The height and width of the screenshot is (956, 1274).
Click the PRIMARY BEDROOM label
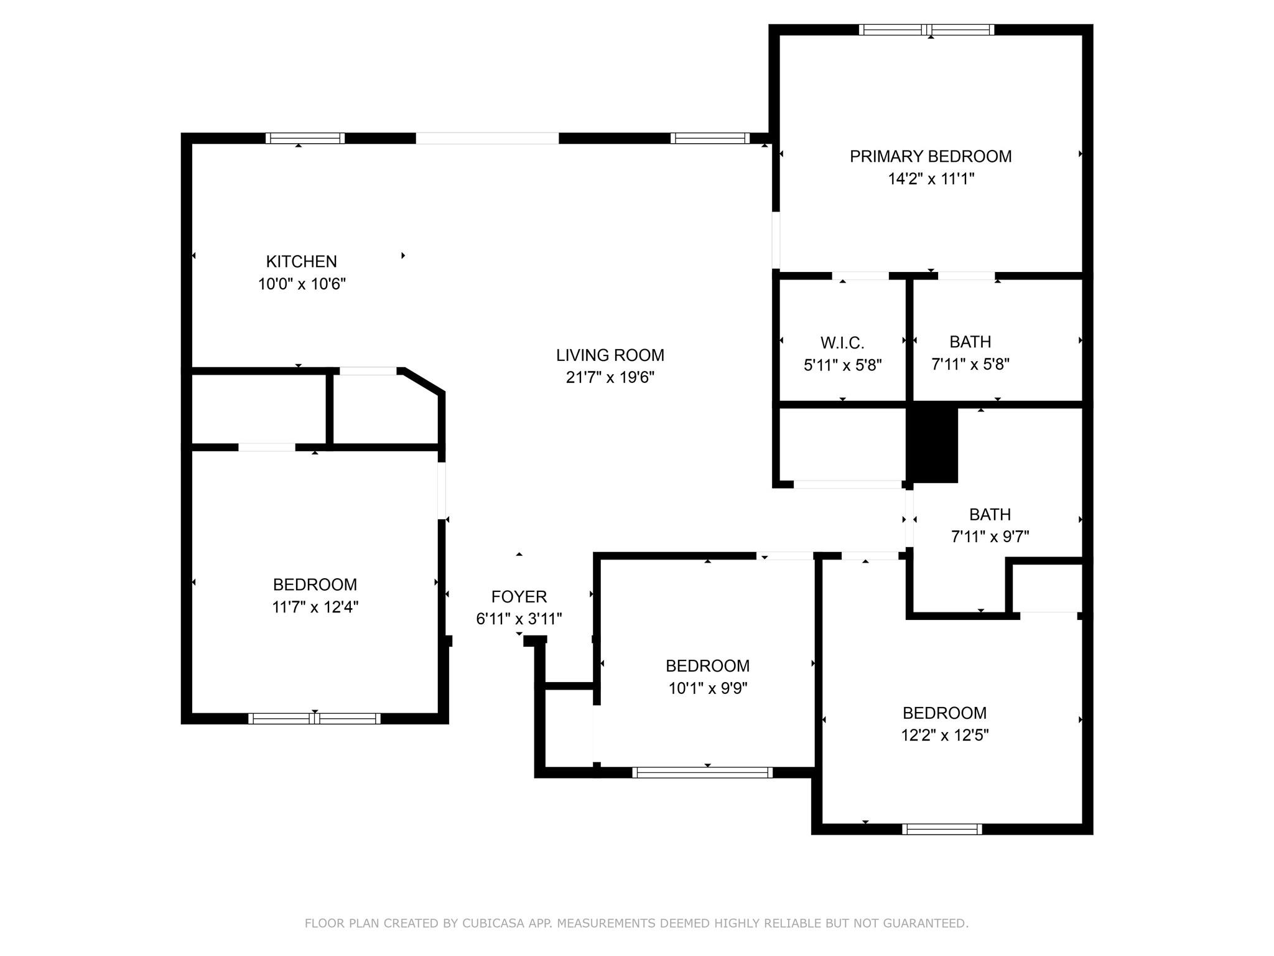tap(931, 156)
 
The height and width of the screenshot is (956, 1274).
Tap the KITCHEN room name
tap(302, 261)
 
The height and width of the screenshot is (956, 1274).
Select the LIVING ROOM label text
tap(610, 355)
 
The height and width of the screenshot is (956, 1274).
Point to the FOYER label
tap(519, 597)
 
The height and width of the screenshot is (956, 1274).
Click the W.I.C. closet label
tap(842, 343)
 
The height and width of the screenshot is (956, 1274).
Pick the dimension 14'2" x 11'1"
tap(931, 179)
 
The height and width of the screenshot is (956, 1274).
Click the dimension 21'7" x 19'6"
tap(610, 378)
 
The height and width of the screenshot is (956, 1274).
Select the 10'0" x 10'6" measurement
tap(302, 284)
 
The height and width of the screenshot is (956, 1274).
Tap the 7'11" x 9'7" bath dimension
tap(990, 537)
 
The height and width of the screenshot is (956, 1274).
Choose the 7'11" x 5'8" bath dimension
tap(970, 364)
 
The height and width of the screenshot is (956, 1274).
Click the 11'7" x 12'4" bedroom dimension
tap(315, 607)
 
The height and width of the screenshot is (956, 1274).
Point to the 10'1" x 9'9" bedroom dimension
tap(707, 688)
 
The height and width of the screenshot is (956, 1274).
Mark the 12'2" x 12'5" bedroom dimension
tap(944, 736)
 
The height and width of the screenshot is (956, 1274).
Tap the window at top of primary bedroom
tap(927, 29)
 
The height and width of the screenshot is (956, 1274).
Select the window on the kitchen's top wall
tap(305, 138)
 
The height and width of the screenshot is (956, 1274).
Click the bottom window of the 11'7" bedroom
tap(314, 718)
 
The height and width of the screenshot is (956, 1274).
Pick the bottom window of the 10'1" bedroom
tap(702, 772)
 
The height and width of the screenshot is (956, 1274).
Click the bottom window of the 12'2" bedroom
tap(942, 829)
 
